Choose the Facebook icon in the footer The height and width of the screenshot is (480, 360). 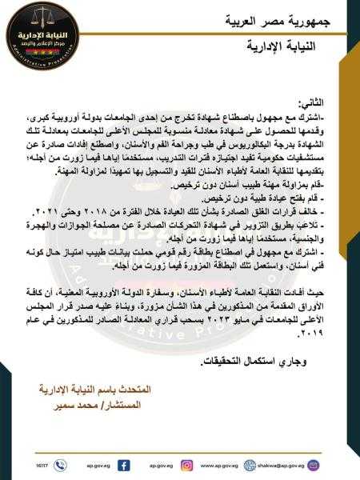(124, 465)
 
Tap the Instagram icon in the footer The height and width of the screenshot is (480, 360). (186, 465)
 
